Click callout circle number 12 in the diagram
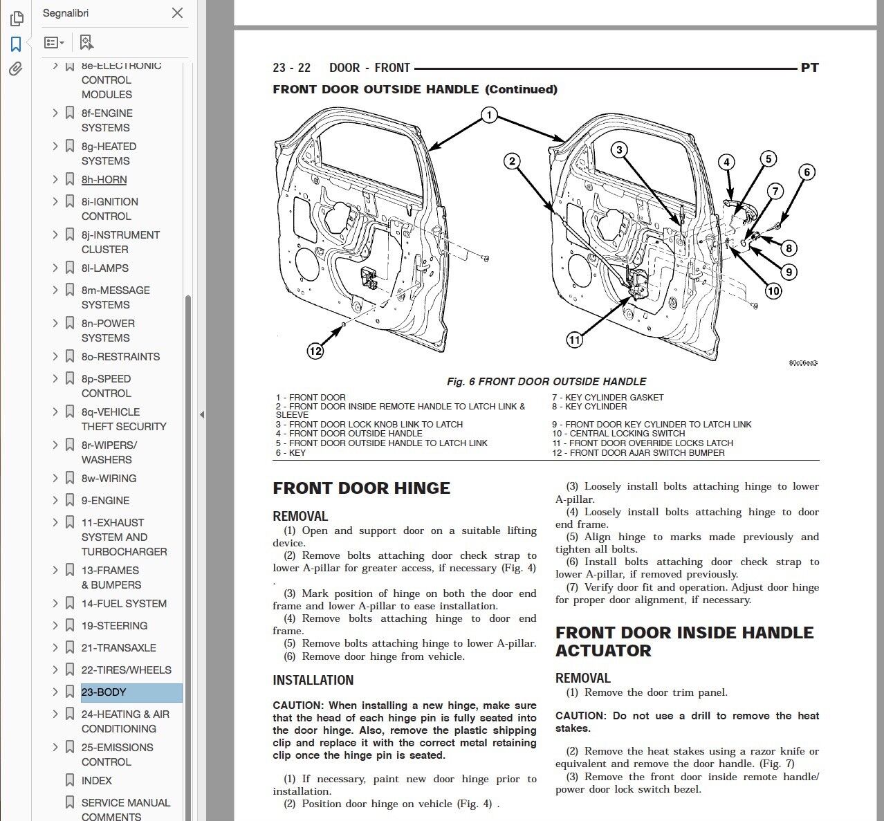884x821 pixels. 315,351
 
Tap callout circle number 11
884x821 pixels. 574,340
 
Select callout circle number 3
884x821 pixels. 619,149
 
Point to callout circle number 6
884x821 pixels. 807,172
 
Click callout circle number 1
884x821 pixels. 489,115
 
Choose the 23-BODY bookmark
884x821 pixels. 104,692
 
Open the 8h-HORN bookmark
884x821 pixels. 104,180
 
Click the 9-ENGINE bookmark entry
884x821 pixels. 105,500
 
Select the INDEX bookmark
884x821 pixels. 96,780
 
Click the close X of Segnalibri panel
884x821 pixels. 177,13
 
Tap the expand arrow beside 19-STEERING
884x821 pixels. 55,625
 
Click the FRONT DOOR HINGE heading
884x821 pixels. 361,488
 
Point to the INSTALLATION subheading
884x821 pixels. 313,680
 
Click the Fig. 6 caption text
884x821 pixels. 546,381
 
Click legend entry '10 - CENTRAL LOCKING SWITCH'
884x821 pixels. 618,434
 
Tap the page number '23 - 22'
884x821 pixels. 291,68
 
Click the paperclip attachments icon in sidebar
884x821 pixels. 16,69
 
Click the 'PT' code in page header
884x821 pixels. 809,68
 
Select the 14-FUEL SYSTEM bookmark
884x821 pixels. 124,603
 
